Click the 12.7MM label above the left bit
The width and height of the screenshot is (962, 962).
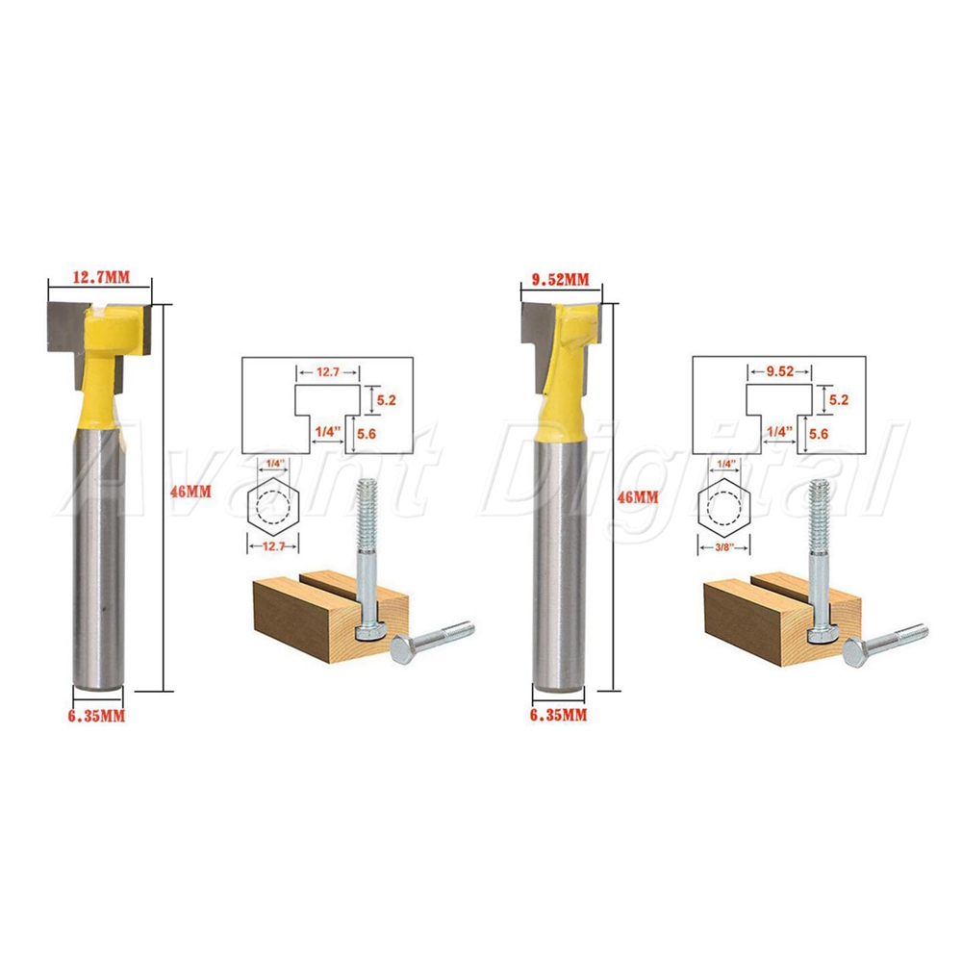click(x=102, y=277)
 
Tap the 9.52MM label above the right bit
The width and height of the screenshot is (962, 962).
click(x=560, y=280)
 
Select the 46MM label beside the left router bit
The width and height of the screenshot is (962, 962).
click(x=190, y=492)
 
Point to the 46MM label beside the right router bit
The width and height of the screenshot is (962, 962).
click(x=638, y=497)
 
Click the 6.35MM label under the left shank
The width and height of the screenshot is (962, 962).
click(x=96, y=716)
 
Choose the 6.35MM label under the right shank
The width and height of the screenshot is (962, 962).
click(x=558, y=714)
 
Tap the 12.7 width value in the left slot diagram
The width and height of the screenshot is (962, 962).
click(x=328, y=371)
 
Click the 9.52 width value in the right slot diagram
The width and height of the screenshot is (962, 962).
click(x=780, y=371)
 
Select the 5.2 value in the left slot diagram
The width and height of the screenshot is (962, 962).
click(x=387, y=400)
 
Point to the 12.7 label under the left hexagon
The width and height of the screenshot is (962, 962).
click(x=273, y=546)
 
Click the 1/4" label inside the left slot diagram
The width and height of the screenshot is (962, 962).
click(x=328, y=431)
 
